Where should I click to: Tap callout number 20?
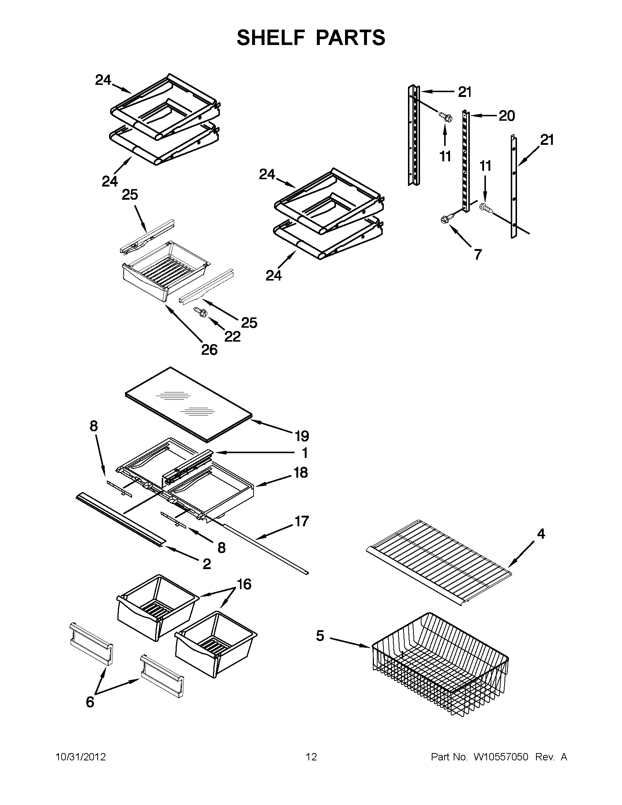click(x=507, y=116)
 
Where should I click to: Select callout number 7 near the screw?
click(x=477, y=254)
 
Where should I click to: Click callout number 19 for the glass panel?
click(x=301, y=436)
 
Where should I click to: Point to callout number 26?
click(x=209, y=349)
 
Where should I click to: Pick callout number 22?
click(x=232, y=336)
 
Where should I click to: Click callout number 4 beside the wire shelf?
click(x=540, y=533)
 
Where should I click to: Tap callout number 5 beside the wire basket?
click(x=320, y=635)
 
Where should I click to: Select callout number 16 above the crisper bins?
click(x=244, y=584)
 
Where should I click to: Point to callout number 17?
click(x=301, y=522)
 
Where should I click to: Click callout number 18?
click(x=301, y=473)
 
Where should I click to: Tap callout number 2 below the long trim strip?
click(x=207, y=564)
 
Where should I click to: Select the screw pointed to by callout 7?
click(x=444, y=219)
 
